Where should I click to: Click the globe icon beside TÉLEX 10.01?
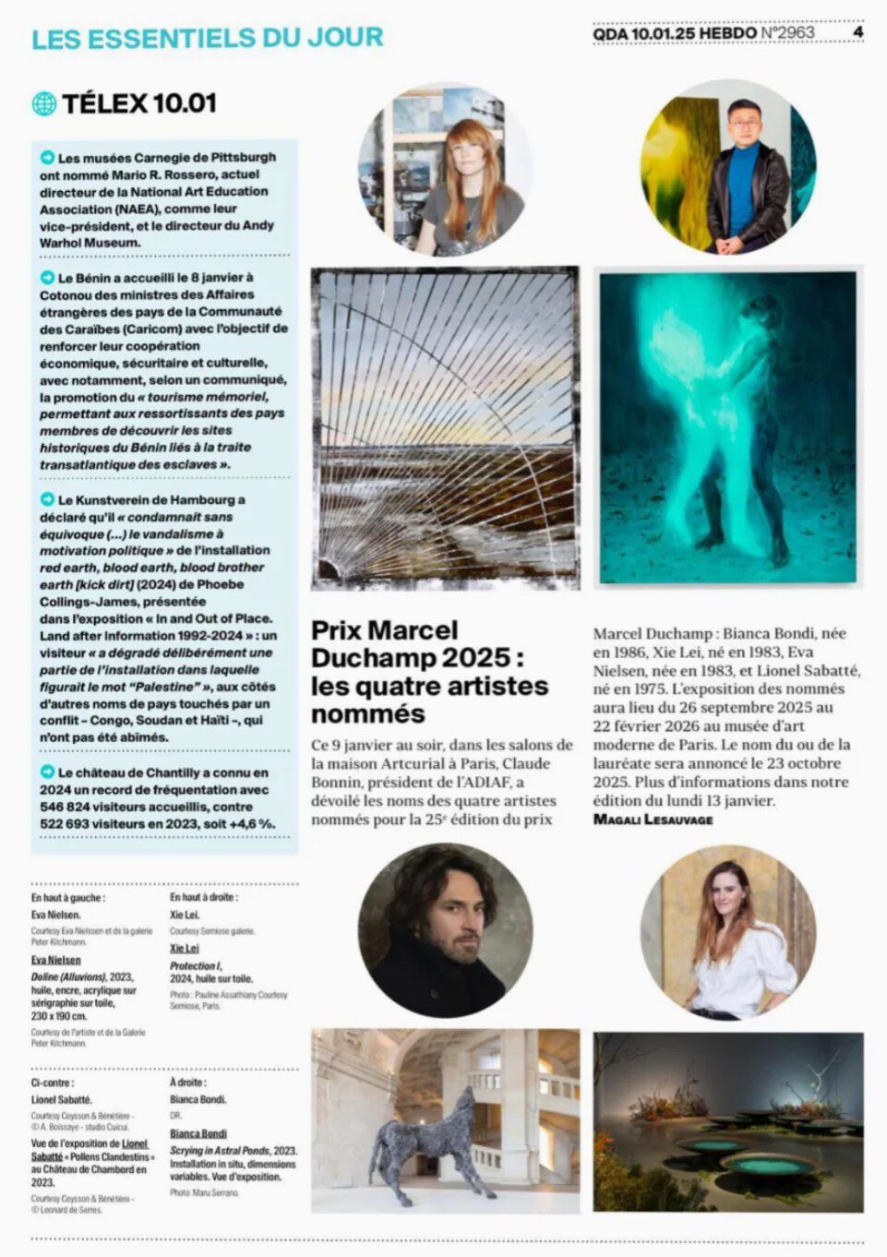click(x=43, y=103)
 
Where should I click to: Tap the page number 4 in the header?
click(x=857, y=32)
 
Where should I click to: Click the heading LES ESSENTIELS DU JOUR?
click(x=208, y=38)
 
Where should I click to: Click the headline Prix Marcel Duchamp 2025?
click(x=429, y=671)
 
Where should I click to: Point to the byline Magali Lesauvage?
click(x=653, y=819)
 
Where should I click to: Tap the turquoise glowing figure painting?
click(x=728, y=427)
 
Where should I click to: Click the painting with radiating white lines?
click(x=445, y=427)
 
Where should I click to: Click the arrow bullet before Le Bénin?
click(x=47, y=277)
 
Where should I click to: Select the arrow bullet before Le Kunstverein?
click(x=47, y=499)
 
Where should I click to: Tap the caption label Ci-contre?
click(x=53, y=1083)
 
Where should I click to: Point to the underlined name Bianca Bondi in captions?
click(x=198, y=1133)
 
